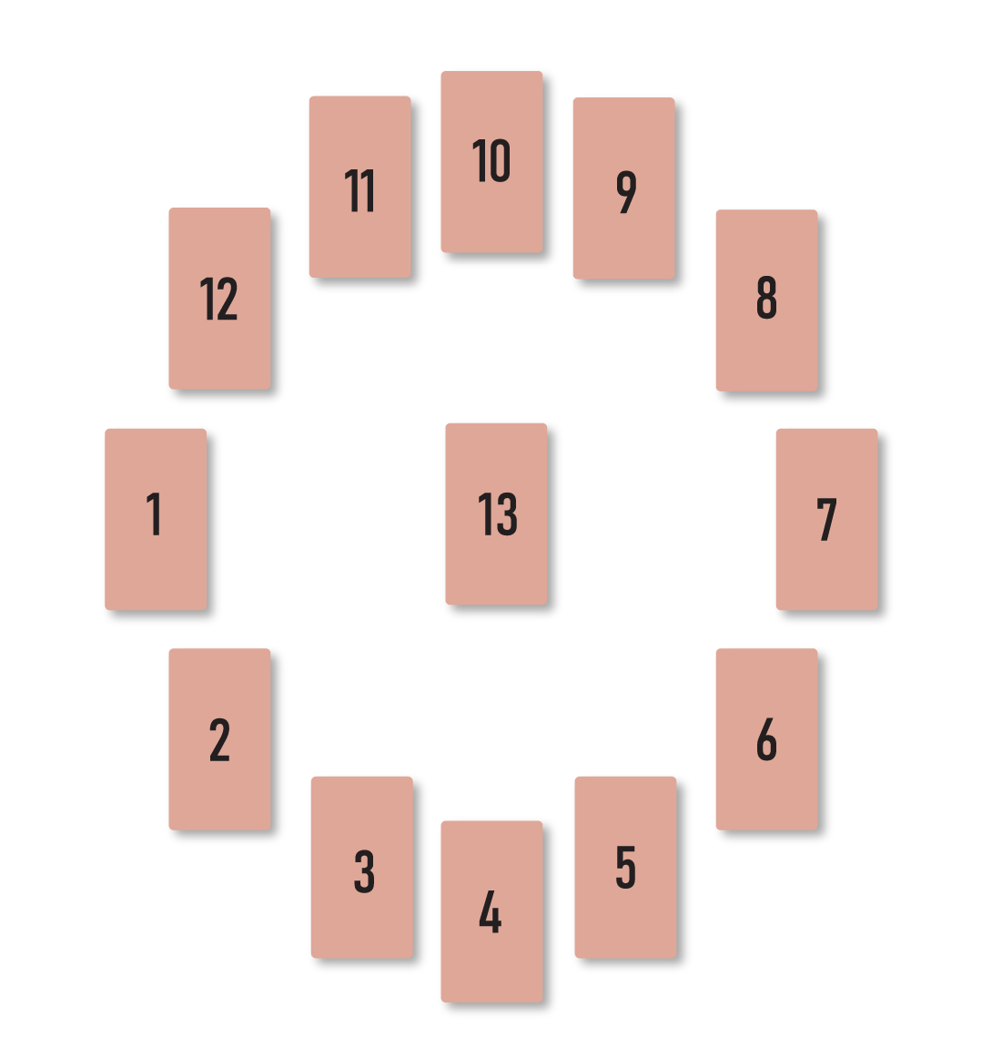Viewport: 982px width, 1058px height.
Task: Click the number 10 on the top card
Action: [491, 161]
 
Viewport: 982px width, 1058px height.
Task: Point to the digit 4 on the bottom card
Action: [490, 912]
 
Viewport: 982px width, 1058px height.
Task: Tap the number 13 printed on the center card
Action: [497, 514]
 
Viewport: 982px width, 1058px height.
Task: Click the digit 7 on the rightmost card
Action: [826, 520]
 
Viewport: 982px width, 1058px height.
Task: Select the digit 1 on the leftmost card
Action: [155, 514]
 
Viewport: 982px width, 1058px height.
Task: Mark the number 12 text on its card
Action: [218, 300]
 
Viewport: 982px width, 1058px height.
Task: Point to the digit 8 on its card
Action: [766, 298]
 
